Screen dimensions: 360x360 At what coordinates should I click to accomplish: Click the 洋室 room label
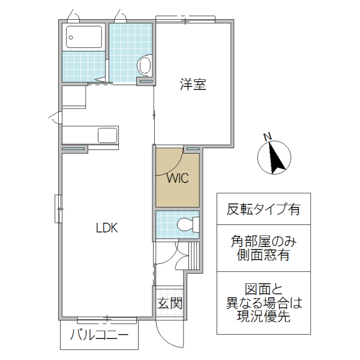point(193,85)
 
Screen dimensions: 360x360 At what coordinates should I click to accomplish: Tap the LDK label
point(107,228)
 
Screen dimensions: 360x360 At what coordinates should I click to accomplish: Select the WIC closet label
point(178,178)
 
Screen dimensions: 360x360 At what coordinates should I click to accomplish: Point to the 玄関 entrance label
point(170,303)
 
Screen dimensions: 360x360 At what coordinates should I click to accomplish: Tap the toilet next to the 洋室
point(145,65)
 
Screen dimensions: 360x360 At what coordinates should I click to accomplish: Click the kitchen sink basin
point(107,135)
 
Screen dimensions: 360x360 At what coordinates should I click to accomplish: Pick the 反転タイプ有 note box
point(263,210)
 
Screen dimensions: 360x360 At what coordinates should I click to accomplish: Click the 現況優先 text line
point(263,317)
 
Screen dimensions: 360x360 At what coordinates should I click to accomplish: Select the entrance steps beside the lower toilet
point(193,255)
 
